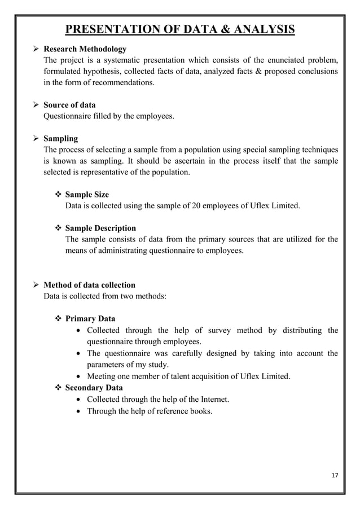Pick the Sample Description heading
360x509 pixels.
pos(100,228)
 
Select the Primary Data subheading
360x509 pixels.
pos(90,319)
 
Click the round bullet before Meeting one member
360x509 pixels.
pos(79,376)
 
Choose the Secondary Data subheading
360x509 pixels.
pos(95,388)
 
